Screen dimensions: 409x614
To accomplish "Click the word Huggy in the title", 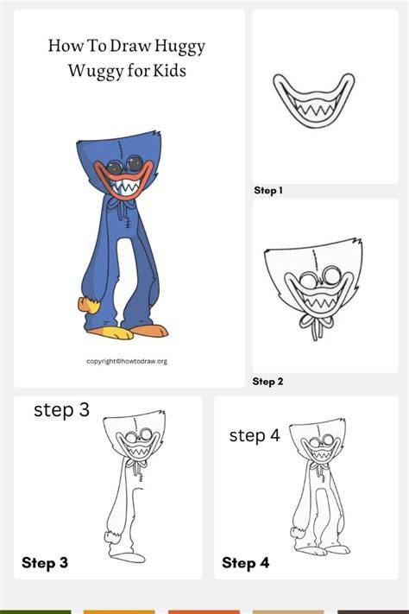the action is pyautogui.click(x=179, y=47).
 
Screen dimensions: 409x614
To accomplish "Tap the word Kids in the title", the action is pyautogui.click(x=169, y=71).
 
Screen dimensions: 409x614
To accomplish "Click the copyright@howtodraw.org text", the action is pyautogui.click(x=127, y=361).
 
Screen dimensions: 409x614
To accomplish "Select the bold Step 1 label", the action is pyautogui.click(x=268, y=190).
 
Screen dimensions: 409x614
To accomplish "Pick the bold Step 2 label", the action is pyautogui.click(x=267, y=382).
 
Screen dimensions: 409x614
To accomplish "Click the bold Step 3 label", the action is pyautogui.click(x=45, y=563).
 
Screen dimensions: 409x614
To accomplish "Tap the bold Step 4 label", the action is pyautogui.click(x=245, y=563).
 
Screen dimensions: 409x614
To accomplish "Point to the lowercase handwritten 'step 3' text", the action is pyautogui.click(x=62, y=410).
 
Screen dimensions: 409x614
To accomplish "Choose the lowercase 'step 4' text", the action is pyautogui.click(x=255, y=436).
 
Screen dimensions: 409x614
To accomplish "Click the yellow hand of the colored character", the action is pyautogui.click(x=89, y=305).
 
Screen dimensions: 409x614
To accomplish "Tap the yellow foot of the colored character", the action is pyautogui.click(x=111, y=332).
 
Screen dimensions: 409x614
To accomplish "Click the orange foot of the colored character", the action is pyautogui.click(x=150, y=332).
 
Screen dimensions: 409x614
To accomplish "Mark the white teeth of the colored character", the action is pyautogui.click(x=124, y=187).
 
